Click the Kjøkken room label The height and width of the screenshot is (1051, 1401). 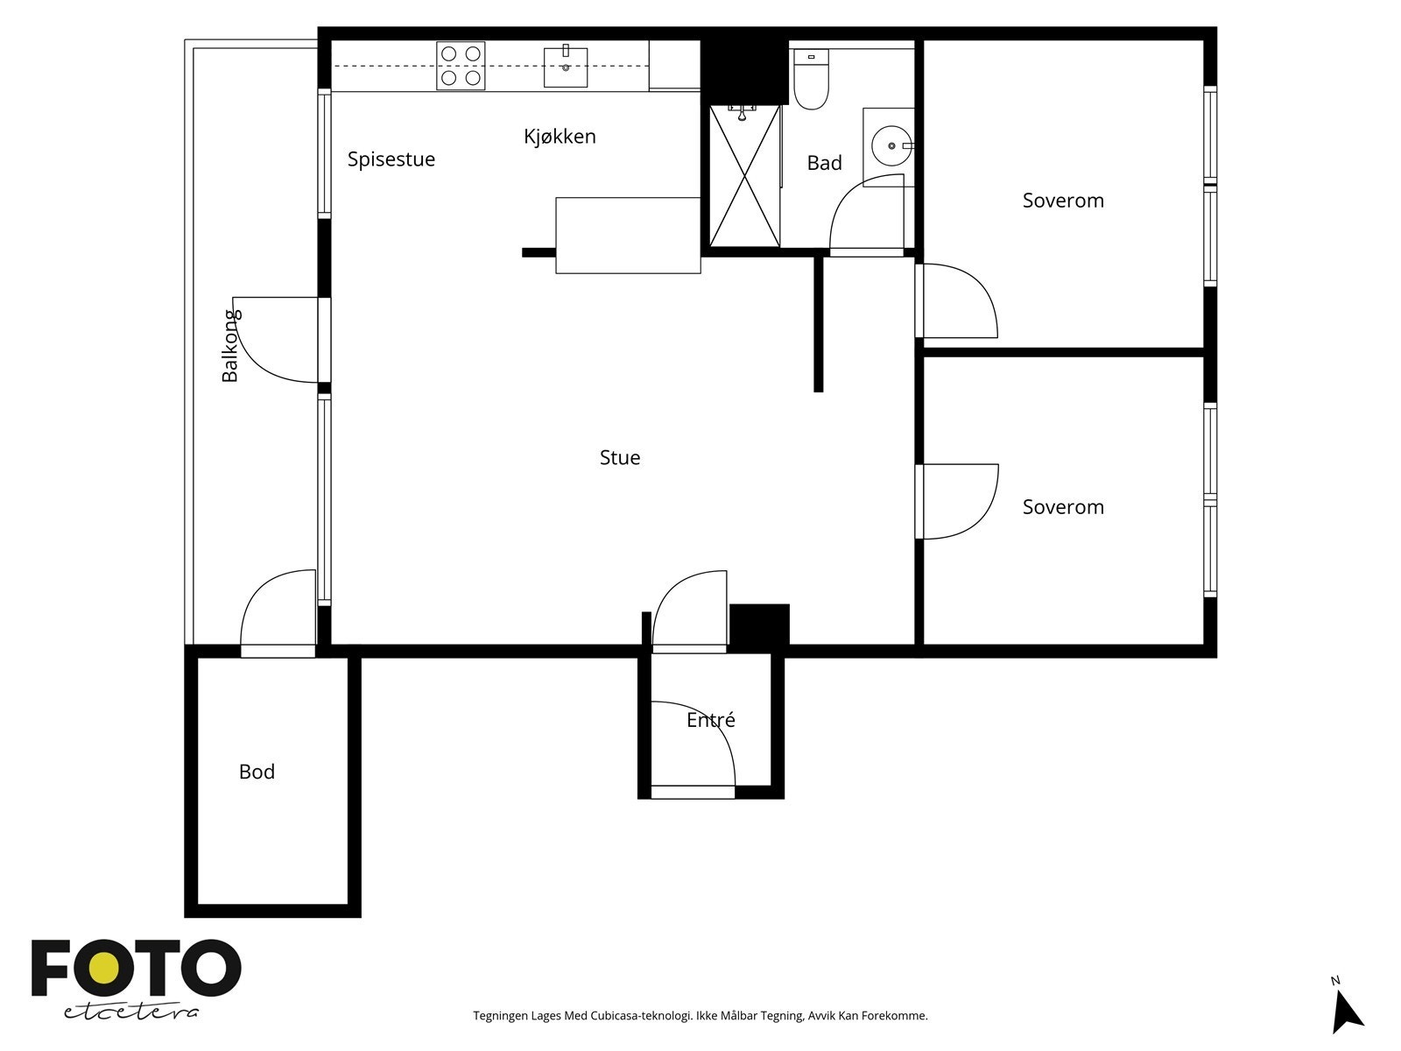point(560,137)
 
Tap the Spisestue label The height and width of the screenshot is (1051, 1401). point(391,159)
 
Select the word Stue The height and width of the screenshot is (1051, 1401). point(620,457)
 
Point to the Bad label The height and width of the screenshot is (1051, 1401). point(825,164)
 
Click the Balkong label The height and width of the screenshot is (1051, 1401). point(229,346)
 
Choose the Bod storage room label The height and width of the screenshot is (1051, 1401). point(257,772)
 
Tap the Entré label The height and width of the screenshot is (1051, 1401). point(711,720)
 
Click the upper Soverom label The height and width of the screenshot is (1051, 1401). point(1063,201)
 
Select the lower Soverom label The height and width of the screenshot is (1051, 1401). point(1063,507)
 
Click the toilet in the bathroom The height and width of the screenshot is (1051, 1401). point(811,79)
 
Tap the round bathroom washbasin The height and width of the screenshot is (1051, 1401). point(891,146)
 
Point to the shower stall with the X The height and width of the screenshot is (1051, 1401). point(745,175)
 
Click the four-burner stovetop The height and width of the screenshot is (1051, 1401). point(461,66)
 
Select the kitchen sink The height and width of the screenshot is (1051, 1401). point(566,67)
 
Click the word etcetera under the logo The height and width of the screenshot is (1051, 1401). point(131,1012)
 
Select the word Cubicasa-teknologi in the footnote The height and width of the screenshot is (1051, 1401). point(642,1016)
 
